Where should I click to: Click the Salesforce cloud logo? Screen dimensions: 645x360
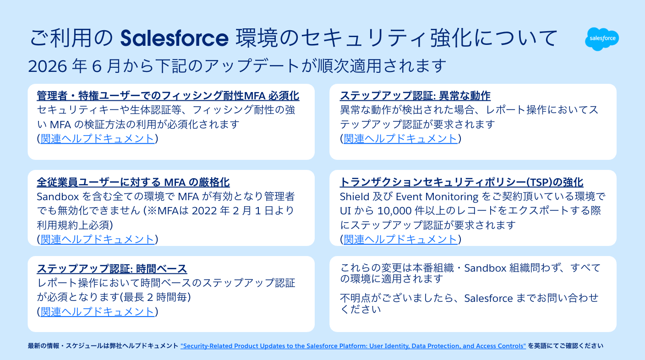click(x=602, y=39)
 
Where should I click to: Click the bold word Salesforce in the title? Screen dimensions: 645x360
click(x=175, y=38)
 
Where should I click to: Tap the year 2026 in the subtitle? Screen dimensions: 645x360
click(x=48, y=66)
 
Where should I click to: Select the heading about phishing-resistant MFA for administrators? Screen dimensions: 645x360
click(x=168, y=96)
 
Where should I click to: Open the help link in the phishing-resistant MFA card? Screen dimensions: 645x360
click(x=97, y=138)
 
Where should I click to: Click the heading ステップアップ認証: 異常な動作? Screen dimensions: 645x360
click(x=415, y=96)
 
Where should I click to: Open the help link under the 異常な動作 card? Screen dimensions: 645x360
click(x=400, y=138)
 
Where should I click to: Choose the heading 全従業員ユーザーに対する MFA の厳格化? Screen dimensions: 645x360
click(x=133, y=182)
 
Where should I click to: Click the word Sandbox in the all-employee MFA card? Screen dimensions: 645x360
click(x=58, y=196)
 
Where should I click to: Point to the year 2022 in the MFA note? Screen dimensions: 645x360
click(x=204, y=211)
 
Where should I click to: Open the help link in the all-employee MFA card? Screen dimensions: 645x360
click(x=97, y=240)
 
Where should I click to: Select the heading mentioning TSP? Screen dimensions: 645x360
click(x=461, y=182)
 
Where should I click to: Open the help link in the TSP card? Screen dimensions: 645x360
click(x=400, y=240)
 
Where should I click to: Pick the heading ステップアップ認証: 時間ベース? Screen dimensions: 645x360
click(x=112, y=268)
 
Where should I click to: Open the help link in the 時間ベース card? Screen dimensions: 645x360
click(x=97, y=311)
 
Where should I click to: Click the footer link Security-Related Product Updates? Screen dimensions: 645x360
click(x=353, y=346)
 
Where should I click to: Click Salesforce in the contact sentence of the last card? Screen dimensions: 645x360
click(x=488, y=298)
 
